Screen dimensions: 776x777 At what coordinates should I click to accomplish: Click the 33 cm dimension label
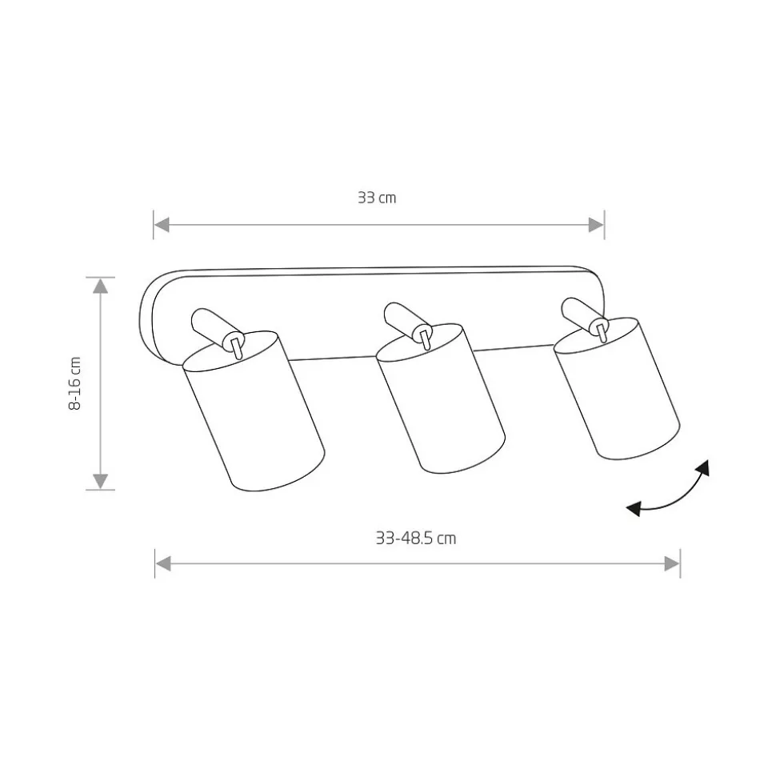click(377, 198)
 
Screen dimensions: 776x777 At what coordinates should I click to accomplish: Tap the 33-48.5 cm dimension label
click(415, 538)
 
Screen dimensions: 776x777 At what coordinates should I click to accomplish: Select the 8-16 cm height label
click(74, 383)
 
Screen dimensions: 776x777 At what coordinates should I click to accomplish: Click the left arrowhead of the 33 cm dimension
click(162, 225)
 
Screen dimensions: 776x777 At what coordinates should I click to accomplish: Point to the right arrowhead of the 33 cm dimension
click(596, 225)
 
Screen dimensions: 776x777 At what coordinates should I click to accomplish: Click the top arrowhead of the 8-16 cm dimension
click(101, 286)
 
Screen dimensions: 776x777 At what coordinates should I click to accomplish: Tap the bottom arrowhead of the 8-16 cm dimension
click(101, 481)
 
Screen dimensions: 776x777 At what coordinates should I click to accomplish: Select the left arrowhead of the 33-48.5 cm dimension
click(163, 563)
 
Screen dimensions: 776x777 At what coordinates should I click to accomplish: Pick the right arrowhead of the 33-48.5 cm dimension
click(672, 563)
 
